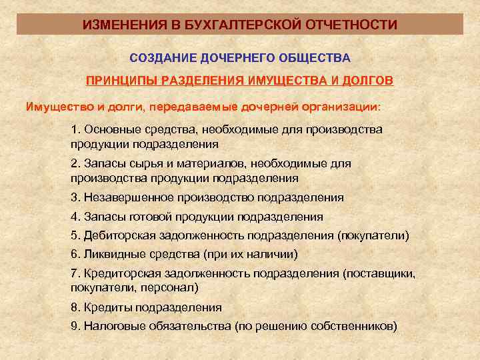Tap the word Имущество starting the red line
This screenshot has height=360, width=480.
click(x=54, y=106)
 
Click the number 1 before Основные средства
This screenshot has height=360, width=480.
click(x=74, y=129)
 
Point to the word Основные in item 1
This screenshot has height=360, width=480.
click(x=109, y=129)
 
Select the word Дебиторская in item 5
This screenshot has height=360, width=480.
click(x=115, y=235)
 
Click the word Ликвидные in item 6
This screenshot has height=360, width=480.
click(x=110, y=255)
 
